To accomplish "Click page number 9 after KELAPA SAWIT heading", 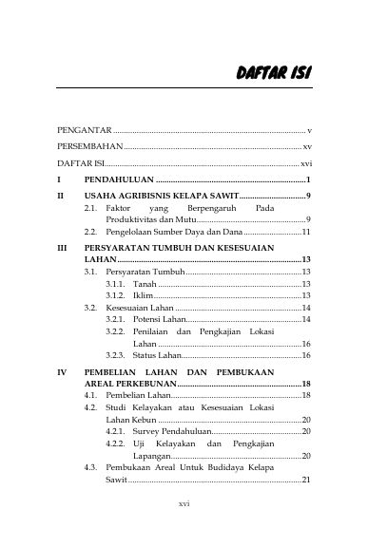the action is coord(308,194).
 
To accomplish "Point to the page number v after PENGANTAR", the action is coord(310,127).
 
